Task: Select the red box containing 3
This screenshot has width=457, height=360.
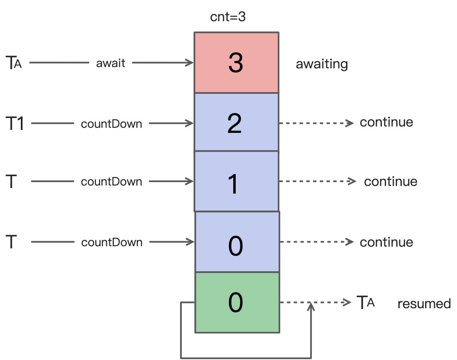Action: click(236, 62)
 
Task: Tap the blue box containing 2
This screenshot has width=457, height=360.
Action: click(236, 122)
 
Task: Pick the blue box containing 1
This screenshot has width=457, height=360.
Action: click(236, 181)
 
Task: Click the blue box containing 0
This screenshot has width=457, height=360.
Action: click(237, 242)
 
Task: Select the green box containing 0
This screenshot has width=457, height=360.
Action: click(237, 302)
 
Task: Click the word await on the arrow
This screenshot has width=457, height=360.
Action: click(111, 63)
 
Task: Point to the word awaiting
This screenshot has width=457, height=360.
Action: click(322, 64)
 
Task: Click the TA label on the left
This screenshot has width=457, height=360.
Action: click(14, 63)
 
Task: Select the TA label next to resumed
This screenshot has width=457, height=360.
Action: click(365, 303)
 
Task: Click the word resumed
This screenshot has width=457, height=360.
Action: click(424, 304)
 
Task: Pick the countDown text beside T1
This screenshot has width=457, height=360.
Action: click(111, 124)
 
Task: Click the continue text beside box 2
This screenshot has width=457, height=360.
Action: click(386, 122)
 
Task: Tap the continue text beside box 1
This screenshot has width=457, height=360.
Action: click(390, 182)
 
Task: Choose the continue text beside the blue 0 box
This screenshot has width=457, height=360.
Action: click(386, 242)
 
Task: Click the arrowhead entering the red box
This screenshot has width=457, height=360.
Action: click(190, 63)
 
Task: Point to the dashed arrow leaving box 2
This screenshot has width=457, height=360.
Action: click(316, 123)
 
